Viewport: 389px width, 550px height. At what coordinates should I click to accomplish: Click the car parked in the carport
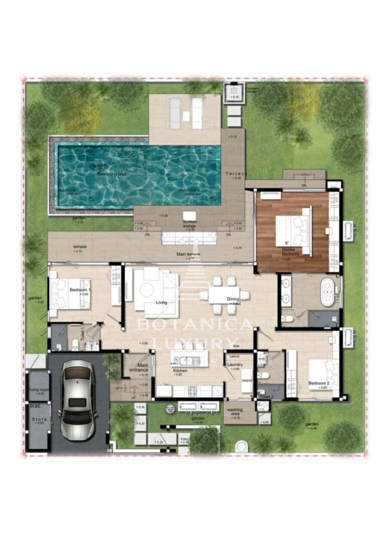pyautogui.click(x=76, y=399)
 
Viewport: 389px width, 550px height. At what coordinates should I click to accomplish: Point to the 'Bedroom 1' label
pyautogui.click(x=80, y=291)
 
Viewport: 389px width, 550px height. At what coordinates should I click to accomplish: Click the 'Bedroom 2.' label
pyautogui.click(x=318, y=383)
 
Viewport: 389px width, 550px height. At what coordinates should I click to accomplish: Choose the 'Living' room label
pyautogui.click(x=161, y=302)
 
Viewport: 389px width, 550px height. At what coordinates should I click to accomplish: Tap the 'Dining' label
pyautogui.click(x=233, y=299)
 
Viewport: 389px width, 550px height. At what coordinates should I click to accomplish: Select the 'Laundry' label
pyautogui.click(x=234, y=365)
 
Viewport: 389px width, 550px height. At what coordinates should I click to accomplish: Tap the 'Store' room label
pyautogui.click(x=38, y=419)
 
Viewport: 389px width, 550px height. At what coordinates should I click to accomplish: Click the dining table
pyautogui.click(x=224, y=294)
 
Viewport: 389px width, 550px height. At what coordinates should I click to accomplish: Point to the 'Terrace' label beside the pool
pyautogui.click(x=236, y=174)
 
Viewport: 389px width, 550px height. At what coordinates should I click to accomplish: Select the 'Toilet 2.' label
pyautogui.click(x=267, y=396)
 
